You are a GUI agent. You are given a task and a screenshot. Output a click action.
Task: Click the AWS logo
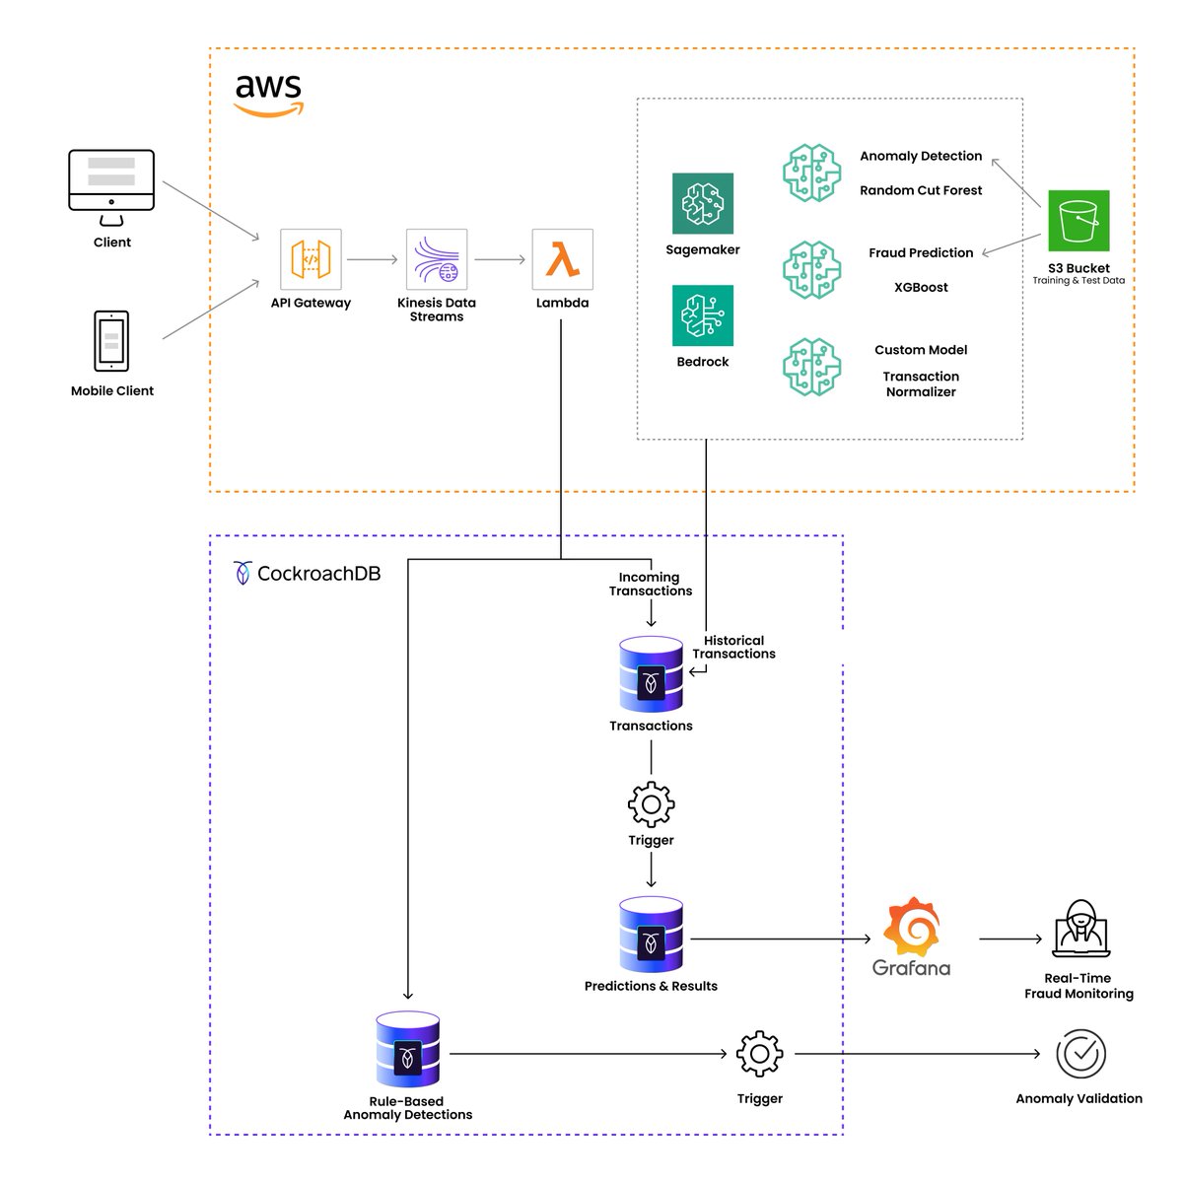tap(268, 95)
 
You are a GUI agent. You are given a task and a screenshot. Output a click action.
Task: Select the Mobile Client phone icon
tap(111, 341)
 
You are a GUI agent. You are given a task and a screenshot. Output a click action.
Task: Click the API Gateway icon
tap(311, 259)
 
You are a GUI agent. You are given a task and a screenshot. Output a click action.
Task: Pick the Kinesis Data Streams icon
tap(437, 259)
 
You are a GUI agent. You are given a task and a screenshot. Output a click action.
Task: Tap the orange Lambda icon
tap(562, 259)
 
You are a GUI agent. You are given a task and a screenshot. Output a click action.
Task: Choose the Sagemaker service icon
tap(702, 203)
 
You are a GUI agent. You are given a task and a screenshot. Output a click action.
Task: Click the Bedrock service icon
tap(702, 315)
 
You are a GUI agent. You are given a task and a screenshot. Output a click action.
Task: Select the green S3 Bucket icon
tap(1079, 221)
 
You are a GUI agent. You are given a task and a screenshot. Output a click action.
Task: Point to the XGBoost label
tap(921, 288)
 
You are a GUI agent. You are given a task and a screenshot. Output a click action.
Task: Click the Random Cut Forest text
tap(921, 191)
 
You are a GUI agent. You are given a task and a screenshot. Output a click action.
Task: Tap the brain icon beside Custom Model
tap(812, 367)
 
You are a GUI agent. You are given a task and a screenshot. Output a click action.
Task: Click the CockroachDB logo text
tap(317, 574)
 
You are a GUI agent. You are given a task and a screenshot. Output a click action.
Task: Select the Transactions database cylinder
tap(651, 674)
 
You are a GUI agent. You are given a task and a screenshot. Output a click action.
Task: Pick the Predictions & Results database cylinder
tap(651, 935)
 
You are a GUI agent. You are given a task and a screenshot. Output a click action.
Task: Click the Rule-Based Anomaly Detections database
tap(407, 1050)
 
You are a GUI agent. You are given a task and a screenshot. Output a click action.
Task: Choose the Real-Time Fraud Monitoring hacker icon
tap(1080, 929)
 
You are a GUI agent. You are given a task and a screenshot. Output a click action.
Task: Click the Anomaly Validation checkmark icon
tap(1080, 1054)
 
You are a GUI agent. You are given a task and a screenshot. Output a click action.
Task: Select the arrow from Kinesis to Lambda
tap(500, 260)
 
